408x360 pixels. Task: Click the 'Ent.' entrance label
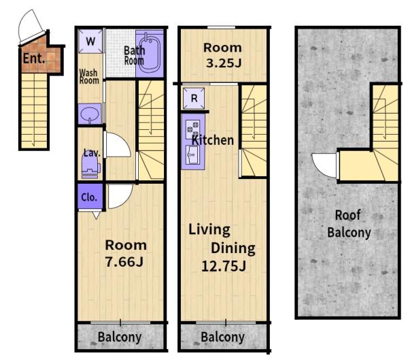(x=34, y=58)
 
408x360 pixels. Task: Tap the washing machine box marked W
(x=90, y=41)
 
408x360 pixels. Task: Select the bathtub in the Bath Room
(x=150, y=54)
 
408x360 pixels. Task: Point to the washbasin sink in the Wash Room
(x=90, y=114)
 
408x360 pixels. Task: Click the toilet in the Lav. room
(x=91, y=165)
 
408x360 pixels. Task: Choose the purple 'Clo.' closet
(x=90, y=197)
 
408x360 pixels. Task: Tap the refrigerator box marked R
(x=194, y=99)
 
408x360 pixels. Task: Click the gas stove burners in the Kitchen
(x=193, y=129)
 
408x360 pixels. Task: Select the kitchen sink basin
(x=193, y=154)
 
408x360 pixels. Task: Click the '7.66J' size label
(x=124, y=261)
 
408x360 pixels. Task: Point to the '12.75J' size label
(x=224, y=266)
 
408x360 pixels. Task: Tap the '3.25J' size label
(x=224, y=63)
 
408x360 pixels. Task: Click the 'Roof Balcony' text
(x=349, y=224)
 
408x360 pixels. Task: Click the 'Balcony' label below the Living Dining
(x=223, y=337)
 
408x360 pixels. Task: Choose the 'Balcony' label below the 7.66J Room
(x=120, y=337)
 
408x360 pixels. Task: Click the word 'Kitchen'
(x=213, y=140)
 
